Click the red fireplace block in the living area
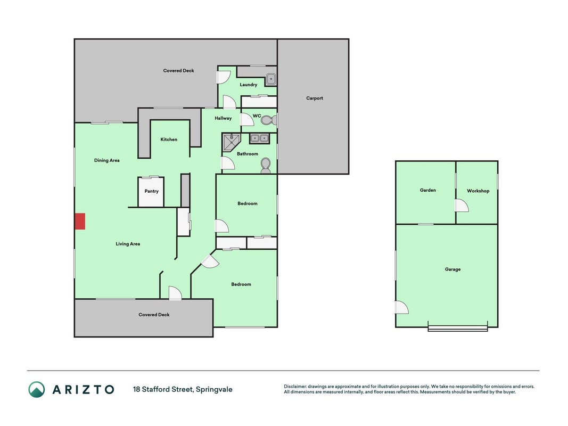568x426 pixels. point(80,222)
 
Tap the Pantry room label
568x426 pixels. point(151,191)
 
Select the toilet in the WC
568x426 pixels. point(269,120)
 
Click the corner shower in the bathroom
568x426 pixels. point(231,142)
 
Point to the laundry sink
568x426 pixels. point(271,79)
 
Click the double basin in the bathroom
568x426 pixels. point(259,138)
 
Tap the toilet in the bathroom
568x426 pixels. point(266,165)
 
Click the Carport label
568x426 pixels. point(315,98)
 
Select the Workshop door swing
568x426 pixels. point(462,206)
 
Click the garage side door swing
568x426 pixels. point(402,308)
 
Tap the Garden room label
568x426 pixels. point(428,190)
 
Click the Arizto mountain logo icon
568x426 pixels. point(37,389)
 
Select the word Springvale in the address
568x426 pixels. point(214,390)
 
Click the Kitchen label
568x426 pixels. point(169,140)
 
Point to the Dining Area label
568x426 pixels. point(107,160)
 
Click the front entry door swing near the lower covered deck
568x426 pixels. point(175,293)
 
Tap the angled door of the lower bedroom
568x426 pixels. point(210,261)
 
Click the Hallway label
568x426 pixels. point(223,118)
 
